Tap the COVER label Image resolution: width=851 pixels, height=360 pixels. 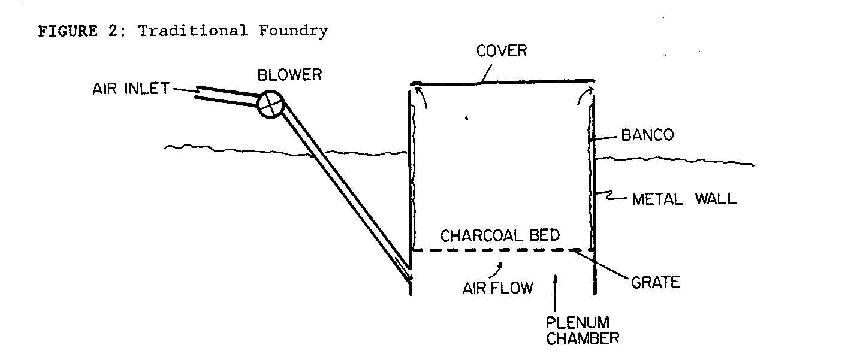(501, 50)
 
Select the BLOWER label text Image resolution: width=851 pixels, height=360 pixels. (289, 75)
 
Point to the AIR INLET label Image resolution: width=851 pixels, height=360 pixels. (129, 89)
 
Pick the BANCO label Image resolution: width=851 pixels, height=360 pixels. (647, 135)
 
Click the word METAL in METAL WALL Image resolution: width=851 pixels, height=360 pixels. (658, 198)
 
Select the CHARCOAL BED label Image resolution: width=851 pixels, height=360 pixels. (500, 235)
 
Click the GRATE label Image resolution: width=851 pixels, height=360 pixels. (655, 282)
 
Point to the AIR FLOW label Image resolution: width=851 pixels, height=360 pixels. (497, 288)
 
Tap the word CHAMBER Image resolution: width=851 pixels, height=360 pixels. (582, 338)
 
